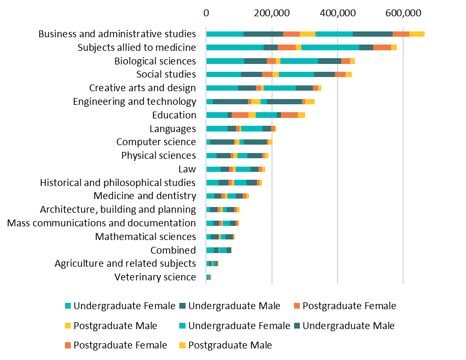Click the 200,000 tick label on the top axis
[272, 12]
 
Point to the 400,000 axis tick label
[338, 12]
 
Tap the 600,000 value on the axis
[403, 12]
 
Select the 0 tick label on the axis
[207, 12]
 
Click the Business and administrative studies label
[117, 34]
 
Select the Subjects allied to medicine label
[136, 48]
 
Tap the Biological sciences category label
[155, 61]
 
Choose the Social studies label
[166, 74]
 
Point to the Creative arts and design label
[143, 88]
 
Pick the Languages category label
[172, 129]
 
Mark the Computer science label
[156, 142]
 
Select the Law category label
[187, 169]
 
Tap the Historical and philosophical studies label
[118, 183]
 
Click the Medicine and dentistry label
[145, 196]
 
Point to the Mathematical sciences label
[145, 237]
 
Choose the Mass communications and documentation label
[102, 223]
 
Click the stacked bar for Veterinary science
[209, 277]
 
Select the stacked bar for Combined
[219, 250]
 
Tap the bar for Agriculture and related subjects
[212, 264]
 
